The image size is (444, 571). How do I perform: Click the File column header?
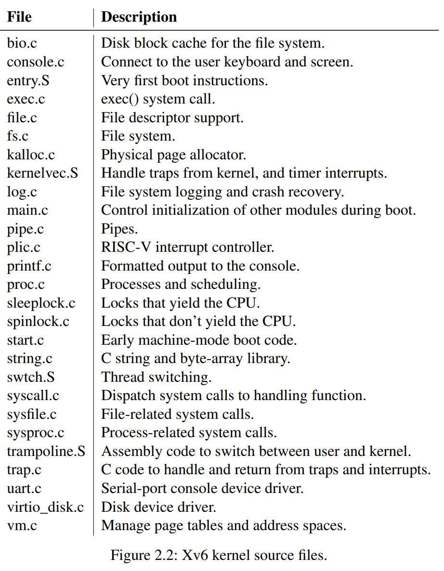click(x=19, y=17)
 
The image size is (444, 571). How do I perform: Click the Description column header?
click(x=139, y=17)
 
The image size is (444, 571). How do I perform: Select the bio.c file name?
click(x=22, y=43)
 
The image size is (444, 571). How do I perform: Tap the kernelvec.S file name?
click(x=42, y=173)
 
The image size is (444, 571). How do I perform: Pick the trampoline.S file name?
click(x=46, y=452)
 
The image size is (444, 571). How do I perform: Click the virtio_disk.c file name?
click(x=45, y=507)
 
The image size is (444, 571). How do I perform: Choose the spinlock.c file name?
click(x=38, y=322)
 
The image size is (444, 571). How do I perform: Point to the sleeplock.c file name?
click(x=41, y=303)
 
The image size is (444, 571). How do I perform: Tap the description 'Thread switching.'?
click(x=157, y=377)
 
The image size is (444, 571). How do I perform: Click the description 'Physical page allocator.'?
click(x=173, y=155)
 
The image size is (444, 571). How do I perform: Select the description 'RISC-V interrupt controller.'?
click(x=187, y=247)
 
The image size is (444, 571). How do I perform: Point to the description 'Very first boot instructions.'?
click(x=184, y=80)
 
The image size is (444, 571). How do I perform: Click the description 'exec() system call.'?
click(x=158, y=99)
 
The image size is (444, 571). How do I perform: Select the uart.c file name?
click(x=24, y=489)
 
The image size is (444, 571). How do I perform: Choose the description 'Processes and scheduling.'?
click(x=181, y=285)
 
